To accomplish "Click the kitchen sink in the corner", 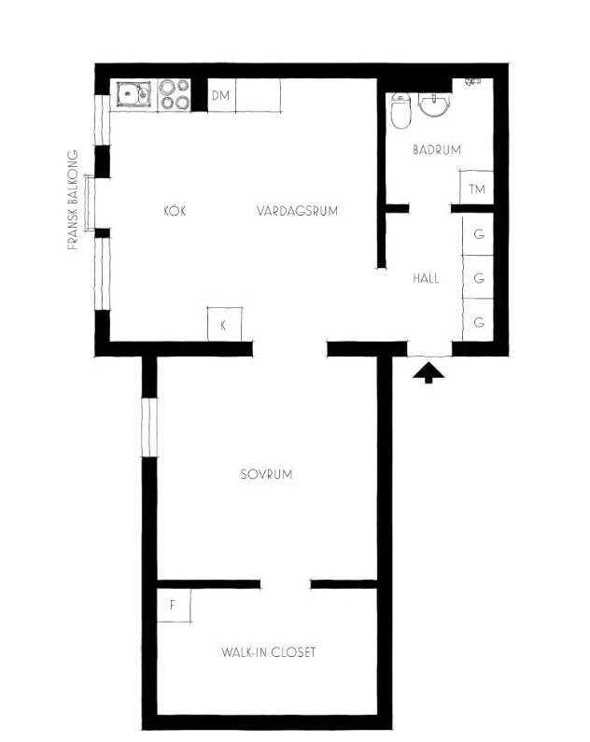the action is point(133,94).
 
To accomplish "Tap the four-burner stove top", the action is point(175,94).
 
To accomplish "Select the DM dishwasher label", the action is point(220,95).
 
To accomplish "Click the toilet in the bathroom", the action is point(400,111).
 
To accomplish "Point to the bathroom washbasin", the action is point(434,105).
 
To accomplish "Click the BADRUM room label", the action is point(437,150).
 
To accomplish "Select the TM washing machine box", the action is point(476,188).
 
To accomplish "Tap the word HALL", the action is point(426,278).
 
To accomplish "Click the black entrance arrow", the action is point(428,372).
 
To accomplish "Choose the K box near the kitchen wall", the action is point(225,324).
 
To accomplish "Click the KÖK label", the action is point(175,211).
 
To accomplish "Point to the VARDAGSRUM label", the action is point(297,211).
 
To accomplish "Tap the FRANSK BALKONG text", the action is point(73,200).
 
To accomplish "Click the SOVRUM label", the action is point(266,474).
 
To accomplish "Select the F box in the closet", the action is point(174,605).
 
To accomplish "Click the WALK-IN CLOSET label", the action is point(268,652).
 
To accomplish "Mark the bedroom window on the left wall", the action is point(149,427).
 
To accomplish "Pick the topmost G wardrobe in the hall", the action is point(478,234).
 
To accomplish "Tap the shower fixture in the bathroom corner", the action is point(472,82).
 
